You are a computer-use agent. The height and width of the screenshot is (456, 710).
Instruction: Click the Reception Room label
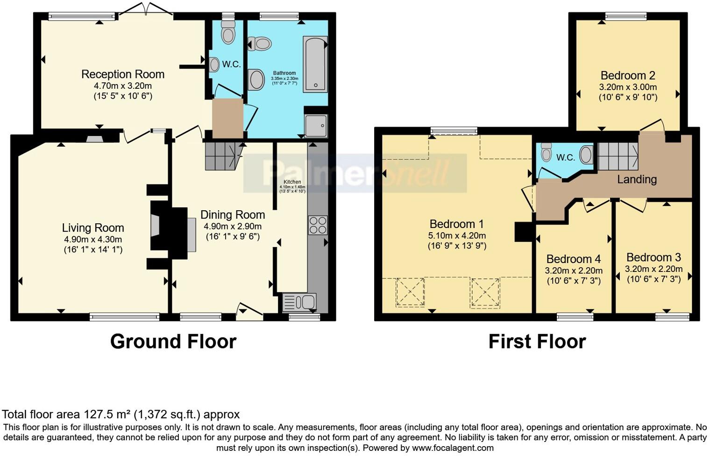click(x=123, y=74)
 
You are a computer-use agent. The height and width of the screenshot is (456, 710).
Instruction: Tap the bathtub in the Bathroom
click(x=315, y=64)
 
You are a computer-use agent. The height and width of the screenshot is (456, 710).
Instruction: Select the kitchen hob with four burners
click(x=318, y=225)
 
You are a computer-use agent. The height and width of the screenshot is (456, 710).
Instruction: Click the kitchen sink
click(x=299, y=302)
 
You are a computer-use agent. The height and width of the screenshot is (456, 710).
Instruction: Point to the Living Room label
click(x=93, y=228)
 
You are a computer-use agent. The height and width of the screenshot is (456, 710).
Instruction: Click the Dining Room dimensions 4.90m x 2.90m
click(x=233, y=226)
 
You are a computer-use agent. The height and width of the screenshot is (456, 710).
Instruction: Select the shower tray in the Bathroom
click(x=316, y=125)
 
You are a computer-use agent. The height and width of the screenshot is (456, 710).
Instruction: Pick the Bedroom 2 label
click(x=628, y=76)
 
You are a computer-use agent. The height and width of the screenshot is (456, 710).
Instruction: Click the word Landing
click(x=637, y=179)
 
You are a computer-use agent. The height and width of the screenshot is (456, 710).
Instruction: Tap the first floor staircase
click(x=618, y=156)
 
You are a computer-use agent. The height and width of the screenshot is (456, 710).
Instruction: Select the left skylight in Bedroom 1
click(x=410, y=292)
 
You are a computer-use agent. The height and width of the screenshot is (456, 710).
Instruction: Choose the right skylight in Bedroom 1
click(x=485, y=292)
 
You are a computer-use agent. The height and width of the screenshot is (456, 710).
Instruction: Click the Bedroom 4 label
click(x=574, y=259)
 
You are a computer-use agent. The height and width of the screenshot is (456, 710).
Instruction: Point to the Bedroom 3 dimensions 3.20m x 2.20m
click(x=653, y=269)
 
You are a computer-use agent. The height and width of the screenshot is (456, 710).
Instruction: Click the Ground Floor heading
click(x=173, y=342)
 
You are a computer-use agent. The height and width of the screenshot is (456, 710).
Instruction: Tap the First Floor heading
click(x=537, y=342)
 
